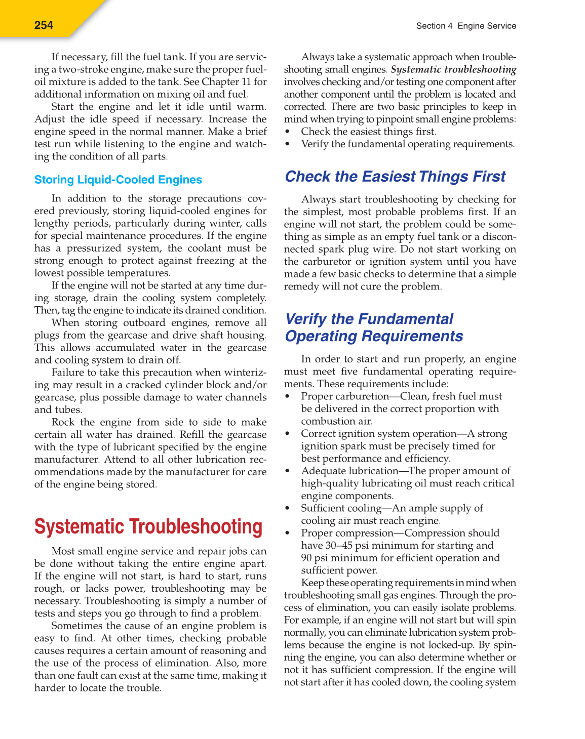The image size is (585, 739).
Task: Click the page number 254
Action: (x=44, y=25)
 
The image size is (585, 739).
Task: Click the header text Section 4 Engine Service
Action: (x=466, y=26)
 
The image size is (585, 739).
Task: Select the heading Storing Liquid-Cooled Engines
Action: (x=118, y=180)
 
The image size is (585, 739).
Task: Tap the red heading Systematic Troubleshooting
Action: (x=148, y=527)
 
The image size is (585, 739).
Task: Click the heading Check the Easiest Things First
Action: (x=395, y=177)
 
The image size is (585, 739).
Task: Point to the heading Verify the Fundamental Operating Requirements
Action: (x=374, y=327)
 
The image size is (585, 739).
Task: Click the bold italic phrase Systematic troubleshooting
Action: (x=454, y=70)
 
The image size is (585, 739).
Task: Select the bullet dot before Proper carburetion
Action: (x=288, y=397)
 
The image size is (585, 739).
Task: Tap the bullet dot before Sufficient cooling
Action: (x=288, y=509)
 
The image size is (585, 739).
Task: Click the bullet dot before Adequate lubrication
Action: (x=288, y=471)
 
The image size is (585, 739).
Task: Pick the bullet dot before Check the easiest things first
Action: (x=288, y=132)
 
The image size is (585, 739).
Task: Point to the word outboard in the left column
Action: (x=142, y=323)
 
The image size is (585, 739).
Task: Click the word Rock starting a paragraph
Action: (x=63, y=422)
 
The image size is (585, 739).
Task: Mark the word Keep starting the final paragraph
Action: (x=311, y=583)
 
